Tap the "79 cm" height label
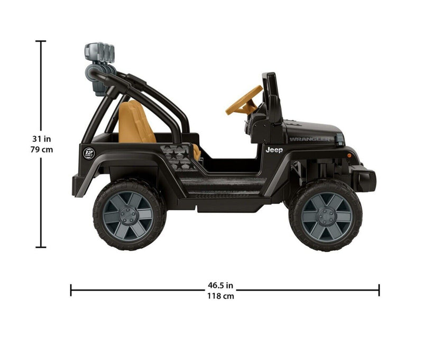(x=42, y=149)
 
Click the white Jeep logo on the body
(x=274, y=150)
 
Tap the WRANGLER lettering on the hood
(x=310, y=139)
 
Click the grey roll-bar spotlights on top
(x=99, y=53)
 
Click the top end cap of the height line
(x=41, y=41)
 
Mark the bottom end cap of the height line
(x=41, y=247)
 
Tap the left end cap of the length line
(x=71, y=290)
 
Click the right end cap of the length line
(x=379, y=290)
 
